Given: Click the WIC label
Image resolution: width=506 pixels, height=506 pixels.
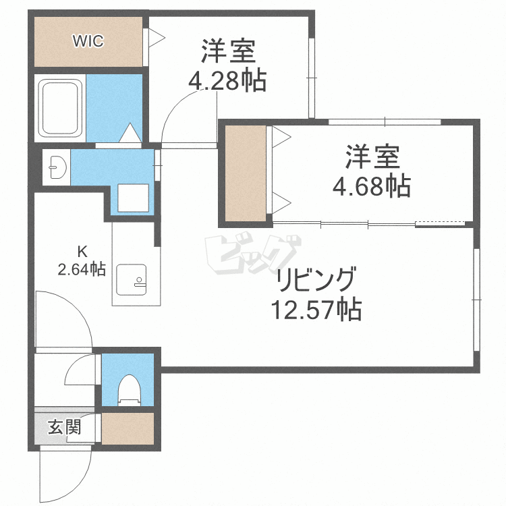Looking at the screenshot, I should [88, 41].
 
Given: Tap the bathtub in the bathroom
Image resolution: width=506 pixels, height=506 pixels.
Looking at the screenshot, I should [61, 107].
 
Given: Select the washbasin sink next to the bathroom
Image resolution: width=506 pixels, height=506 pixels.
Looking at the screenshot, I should [54, 166].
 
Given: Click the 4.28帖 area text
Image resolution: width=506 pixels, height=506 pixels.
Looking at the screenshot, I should [227, 82].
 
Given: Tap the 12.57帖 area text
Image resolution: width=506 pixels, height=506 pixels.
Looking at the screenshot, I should [316, 310].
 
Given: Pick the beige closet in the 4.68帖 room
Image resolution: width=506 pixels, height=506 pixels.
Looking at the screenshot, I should [246, 173].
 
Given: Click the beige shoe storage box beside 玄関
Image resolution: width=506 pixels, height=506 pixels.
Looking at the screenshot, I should [128, 427].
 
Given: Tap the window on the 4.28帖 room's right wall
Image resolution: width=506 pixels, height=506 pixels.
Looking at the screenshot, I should [311, 78].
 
